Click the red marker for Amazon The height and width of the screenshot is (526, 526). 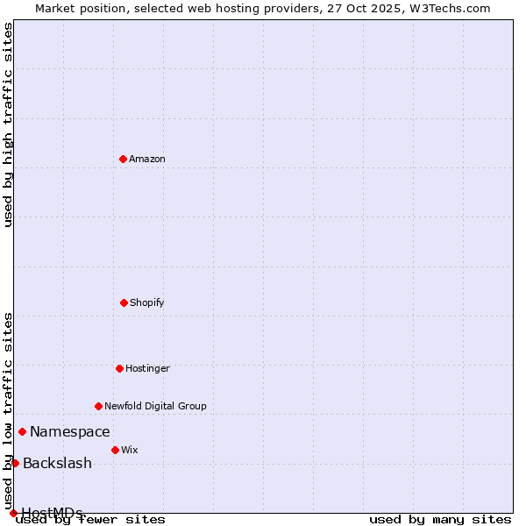pos(123,159)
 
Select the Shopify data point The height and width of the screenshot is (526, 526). pos(124,302)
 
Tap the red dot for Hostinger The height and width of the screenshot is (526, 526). pos(119,368)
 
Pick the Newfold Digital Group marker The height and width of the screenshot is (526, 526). pos(98,406)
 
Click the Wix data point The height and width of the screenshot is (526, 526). pos(115,450)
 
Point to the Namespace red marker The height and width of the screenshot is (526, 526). pos(22,431)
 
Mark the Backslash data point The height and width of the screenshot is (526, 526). pos(15,463)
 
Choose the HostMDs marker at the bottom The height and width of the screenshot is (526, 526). pos(13,513)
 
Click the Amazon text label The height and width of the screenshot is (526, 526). pos(147,159)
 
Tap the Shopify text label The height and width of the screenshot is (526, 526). pos(147,302)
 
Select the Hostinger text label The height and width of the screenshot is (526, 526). pos(147,368)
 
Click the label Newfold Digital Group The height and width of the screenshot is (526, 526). pos(156,406)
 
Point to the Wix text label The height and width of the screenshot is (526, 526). pos(130,450)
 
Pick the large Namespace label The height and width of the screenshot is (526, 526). pos(70,431)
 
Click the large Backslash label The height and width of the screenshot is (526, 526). pos(57,463)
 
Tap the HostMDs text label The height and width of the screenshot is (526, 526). pos(52,512)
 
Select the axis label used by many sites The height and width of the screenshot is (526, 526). pos(440,519)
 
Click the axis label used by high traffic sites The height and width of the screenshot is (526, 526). pos(9,124)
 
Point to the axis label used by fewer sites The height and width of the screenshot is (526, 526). pos(91,519)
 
